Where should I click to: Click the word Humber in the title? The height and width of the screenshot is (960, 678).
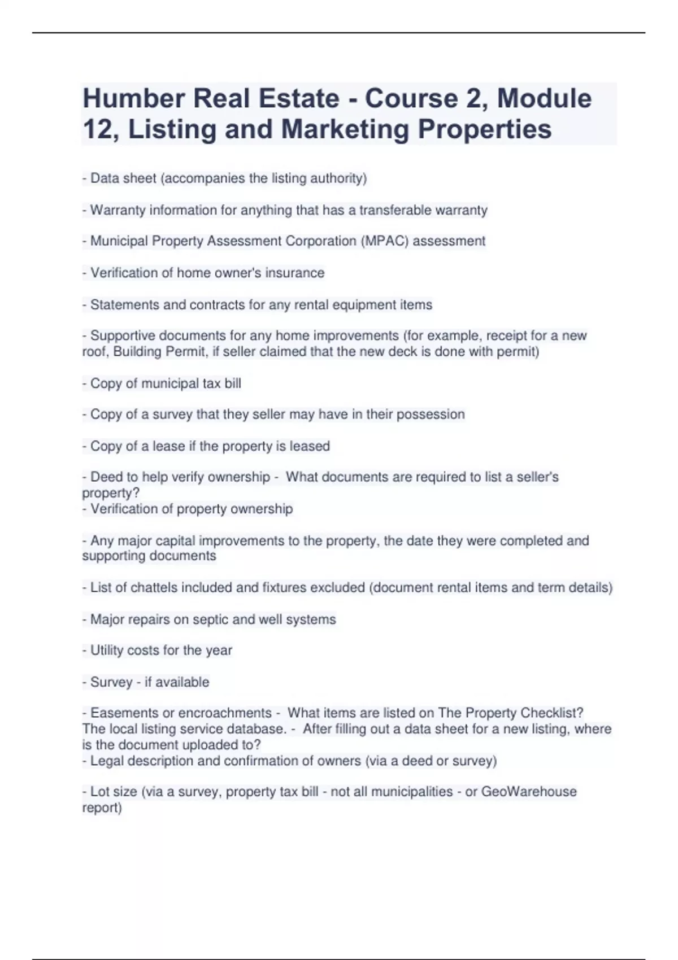pos(133,99)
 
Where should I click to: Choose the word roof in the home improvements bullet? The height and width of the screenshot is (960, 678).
pos(94,352)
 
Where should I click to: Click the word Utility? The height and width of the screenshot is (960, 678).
pos(107,651)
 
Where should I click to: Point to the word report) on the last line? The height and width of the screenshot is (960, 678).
pos(102,808)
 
